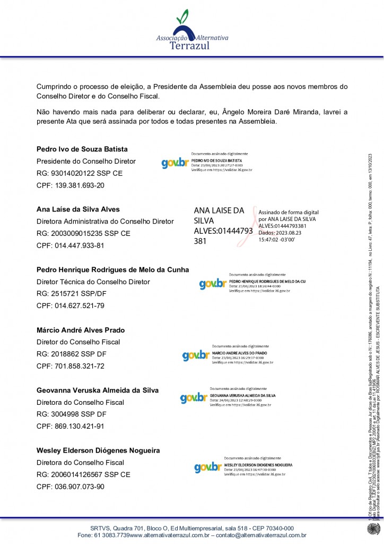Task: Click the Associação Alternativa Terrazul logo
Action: tap(192, 31)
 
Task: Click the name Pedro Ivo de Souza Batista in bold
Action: tap(82, 149)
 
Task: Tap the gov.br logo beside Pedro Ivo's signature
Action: tap(175, 164)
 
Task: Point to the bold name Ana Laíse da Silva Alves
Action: tap(78, 209)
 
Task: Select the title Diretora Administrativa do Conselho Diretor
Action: tap(105, 221)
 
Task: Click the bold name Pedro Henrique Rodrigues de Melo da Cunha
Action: tap(112, 269)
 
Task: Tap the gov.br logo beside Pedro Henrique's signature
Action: tap(213, 284)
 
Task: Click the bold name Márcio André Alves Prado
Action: tap(81, 330)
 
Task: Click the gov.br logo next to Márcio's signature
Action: tap(196, 355)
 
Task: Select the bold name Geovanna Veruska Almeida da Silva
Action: tap(97, 390)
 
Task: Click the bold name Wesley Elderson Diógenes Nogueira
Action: tap(98, 450)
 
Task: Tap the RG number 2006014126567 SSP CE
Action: tap(83, 474)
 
